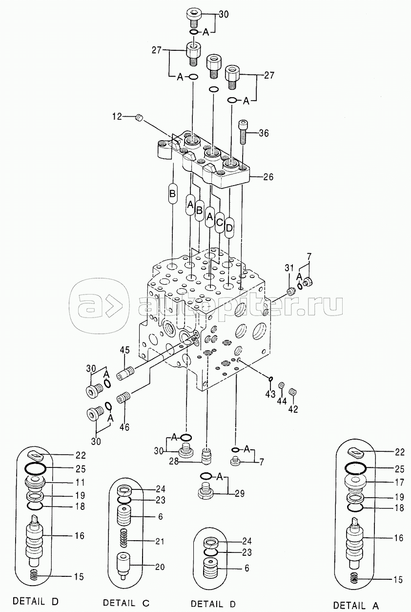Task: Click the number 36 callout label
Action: (x=264, y=133)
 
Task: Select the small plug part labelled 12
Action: (x=140, y=118)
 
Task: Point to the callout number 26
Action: (x=267, y=177)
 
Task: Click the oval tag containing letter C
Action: (x=219, y=223)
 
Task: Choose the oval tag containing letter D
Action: (x=229, y=228)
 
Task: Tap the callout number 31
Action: (x=288, y=268)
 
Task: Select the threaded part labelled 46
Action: (x=124, y=397)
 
